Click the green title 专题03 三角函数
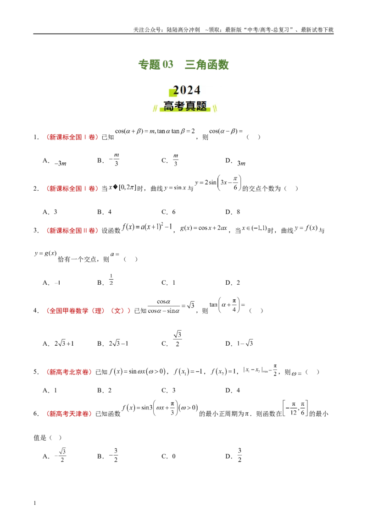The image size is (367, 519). [183, 64]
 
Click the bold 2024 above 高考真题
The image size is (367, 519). [186, 90]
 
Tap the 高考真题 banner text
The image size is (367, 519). [185, 106]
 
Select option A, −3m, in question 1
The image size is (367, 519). [55, 161]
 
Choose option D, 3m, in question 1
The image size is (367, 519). [235, 161]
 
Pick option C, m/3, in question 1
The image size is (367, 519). [170, 160]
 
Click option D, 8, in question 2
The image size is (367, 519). [233, 212]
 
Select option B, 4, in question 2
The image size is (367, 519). [104, 212]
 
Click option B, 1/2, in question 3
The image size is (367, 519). [106, 280]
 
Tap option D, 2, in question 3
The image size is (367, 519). [233, 283]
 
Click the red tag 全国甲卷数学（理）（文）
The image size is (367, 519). [88, 311]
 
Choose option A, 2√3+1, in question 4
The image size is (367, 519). [58, 343]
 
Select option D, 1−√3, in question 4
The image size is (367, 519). [239, 343]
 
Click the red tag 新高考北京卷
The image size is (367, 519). [69, 372]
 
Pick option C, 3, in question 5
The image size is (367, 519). [169, 390]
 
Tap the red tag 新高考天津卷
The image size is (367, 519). [69, 414]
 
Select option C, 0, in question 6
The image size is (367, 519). [169, 456]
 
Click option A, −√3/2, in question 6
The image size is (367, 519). [54, 455]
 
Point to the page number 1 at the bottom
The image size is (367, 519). [35, 503]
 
